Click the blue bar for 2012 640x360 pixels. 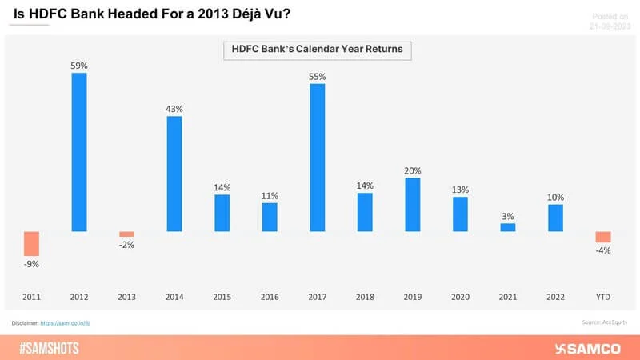pos(79,152)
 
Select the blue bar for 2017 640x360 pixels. pos(317,158)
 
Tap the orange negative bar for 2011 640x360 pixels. pos(31,243)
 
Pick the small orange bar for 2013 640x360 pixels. pos(126,234)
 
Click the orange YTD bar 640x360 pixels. pos(602,237)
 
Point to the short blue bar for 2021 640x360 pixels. pos(507,227)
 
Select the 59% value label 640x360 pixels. pos(79,65)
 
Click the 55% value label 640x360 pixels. pos(317,76)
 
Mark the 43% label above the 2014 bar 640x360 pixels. pos(174,108)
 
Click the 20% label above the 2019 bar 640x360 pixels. pos(412,170)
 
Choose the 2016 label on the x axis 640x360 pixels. pos(270,297)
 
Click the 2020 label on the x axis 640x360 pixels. pos(460,297)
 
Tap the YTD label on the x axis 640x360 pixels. pos(602,297)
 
